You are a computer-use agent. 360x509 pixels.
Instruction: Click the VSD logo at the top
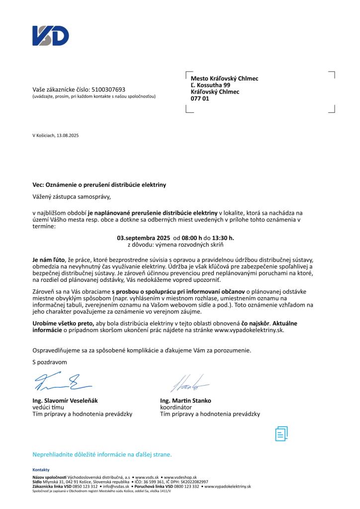click(51, 36)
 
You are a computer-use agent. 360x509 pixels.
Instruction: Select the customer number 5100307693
click(108, 89)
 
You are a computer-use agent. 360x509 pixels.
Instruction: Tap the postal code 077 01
click(200, 99)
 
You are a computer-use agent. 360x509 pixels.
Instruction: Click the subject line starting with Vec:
click(99, 184)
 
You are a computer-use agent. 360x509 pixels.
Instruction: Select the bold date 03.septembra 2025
click(144, 238)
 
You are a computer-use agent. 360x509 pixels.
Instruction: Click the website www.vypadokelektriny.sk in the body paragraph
click(249, 330)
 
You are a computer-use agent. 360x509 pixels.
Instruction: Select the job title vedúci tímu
click(48, 407)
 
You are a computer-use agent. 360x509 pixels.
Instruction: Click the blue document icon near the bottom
click(281, 433)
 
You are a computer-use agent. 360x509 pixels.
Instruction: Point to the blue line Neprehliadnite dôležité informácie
click(102, 454)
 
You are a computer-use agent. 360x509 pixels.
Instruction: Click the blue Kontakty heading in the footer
click(41, 470)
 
